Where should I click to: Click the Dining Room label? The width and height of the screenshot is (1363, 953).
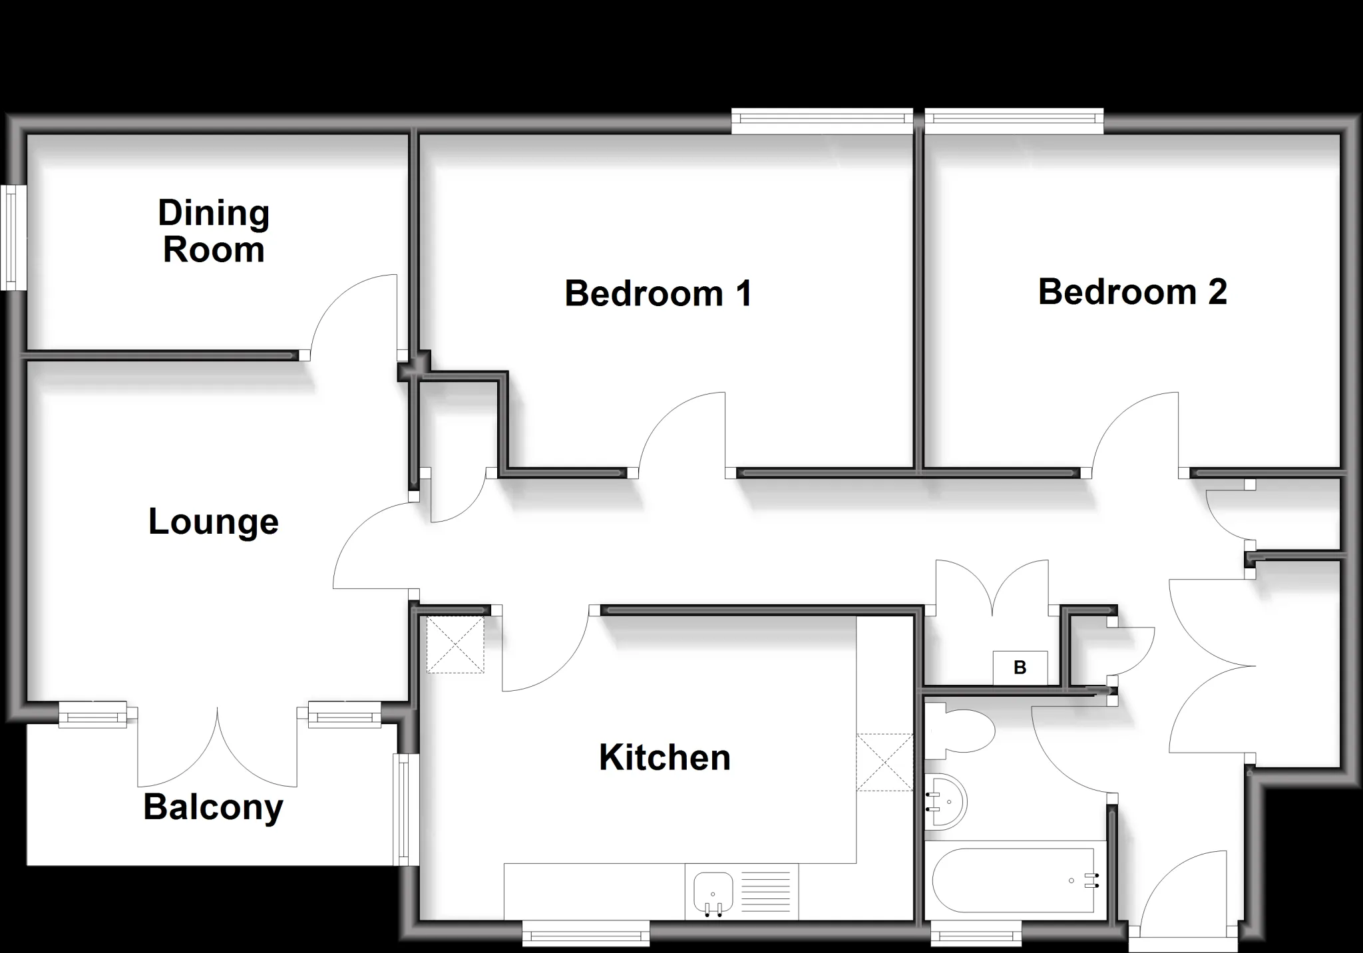point(214,232)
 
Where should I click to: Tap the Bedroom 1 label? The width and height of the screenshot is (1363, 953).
point(658,293)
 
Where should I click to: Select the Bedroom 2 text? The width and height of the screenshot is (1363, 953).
point(1132,291)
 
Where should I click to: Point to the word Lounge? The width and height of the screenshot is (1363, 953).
point(214,522)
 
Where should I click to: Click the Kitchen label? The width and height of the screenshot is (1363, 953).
point(665,757)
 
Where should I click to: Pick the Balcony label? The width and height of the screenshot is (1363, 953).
point(214,809)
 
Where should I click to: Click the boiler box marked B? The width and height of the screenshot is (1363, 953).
point(1020,667)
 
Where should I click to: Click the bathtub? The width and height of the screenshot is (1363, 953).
point(1016,880)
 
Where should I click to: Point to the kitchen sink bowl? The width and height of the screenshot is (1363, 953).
point(713,892)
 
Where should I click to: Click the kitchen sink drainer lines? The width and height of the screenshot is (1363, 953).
point(765,892)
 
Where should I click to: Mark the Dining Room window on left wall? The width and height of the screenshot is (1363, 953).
point(13,238)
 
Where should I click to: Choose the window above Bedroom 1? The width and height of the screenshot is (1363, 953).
point(823,120)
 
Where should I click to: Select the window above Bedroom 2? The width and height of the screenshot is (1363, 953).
point(1014,120)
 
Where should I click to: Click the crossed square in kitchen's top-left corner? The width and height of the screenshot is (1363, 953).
point(455,645)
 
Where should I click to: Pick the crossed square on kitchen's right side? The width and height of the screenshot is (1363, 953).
point(884,762)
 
